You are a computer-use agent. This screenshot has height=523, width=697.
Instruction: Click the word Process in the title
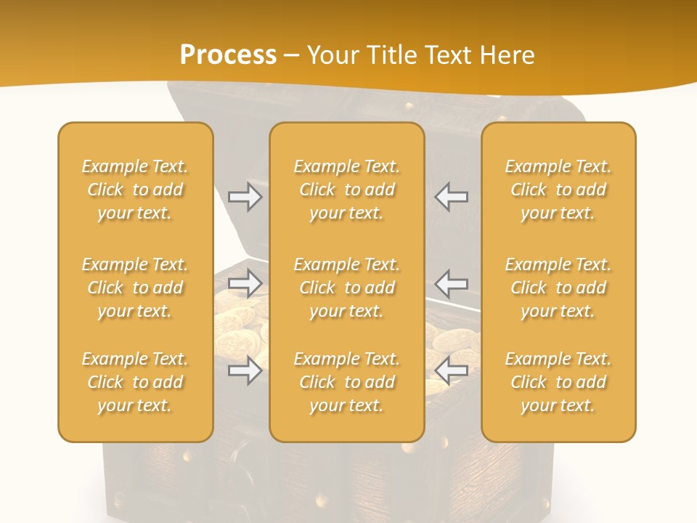click(228, 55)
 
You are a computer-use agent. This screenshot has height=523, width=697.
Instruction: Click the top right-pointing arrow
click(245, 197)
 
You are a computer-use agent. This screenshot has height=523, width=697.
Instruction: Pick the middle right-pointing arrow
click(245, 284)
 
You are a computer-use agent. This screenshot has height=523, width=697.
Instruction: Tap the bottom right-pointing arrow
click(245, 370)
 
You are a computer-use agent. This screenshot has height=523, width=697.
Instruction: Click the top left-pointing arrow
click(452, 197)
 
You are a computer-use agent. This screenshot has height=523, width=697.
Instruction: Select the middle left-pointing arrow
click(452, 284)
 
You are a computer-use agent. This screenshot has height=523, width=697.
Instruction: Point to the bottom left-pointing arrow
click(452, 370)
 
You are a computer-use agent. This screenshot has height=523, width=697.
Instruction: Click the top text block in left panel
click(135, 190)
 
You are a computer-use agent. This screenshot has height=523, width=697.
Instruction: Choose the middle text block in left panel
click(135, 288)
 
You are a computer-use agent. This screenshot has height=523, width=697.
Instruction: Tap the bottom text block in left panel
click(135, 382)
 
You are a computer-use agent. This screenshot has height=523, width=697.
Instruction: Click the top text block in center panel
click(347, 190)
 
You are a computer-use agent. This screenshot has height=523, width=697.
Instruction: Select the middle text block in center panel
click(347, 288)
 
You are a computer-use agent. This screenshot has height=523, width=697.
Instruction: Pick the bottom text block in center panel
click(347, 382)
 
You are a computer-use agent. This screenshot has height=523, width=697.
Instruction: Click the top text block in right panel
click(558, 190)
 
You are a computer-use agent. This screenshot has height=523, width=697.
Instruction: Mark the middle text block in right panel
click(558, 288)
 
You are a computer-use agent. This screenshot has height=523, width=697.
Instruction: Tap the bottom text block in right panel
click(558, 382)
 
